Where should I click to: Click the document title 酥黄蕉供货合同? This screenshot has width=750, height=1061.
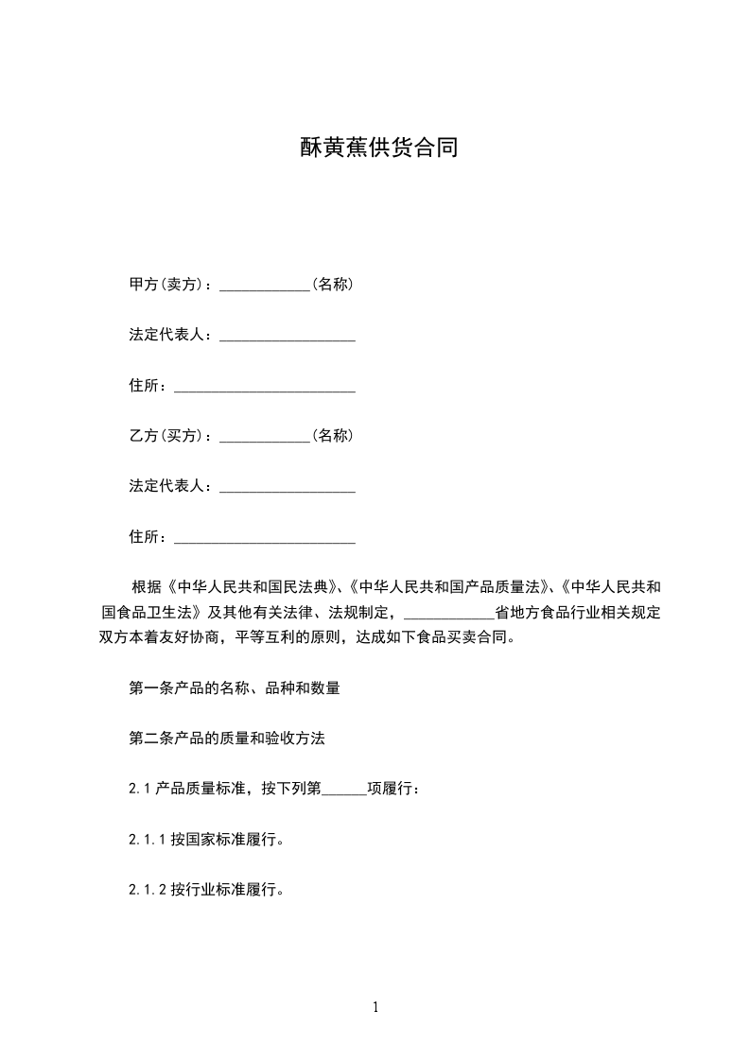coord(378,148)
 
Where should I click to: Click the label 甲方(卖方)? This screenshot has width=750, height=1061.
coord(169,284)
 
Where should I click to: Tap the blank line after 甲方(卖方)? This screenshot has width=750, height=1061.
coord(265,287)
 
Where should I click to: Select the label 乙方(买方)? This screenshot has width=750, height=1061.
coord(169,436)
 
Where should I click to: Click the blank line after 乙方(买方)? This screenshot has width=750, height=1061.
coord(265,440)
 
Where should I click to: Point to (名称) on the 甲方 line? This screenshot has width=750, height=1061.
coord(332,284)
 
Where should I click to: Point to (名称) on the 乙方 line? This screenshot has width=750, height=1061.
coord(332,436)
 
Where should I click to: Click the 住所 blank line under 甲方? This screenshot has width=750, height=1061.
coord(265,389)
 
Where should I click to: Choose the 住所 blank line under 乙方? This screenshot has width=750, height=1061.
coord(265,541)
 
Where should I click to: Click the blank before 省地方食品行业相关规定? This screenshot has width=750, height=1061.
coord(448,616)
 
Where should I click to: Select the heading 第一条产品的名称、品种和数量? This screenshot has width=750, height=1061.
coord(234,688)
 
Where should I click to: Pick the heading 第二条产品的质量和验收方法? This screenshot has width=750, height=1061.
coord(227,739)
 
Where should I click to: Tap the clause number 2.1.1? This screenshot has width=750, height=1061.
coord(148,839)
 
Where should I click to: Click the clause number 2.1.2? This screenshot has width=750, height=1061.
coord(148,890)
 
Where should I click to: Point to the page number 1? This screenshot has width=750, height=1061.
coord(375,1007)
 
